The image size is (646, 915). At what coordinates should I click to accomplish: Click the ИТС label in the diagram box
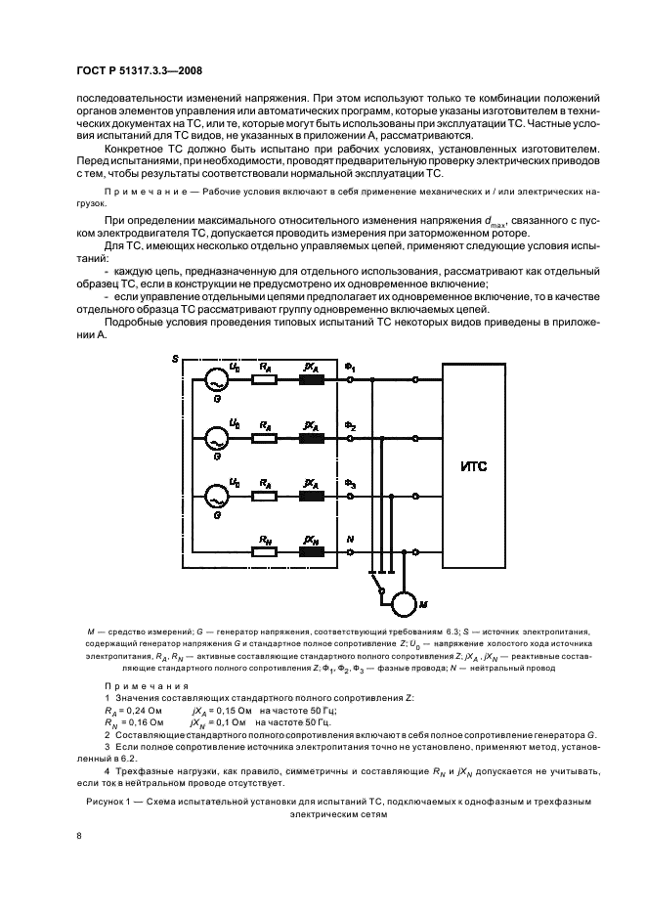point(473,467)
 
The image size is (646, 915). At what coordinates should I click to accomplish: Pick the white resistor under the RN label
point(263,552)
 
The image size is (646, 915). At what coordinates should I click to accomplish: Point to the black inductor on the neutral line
point(313,552)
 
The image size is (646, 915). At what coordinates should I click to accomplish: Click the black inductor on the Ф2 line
point(313,438)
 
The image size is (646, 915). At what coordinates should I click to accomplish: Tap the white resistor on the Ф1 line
point(263,380)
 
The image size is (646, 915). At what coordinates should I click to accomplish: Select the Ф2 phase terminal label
point(350,425)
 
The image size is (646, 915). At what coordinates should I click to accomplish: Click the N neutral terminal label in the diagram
point(351,540)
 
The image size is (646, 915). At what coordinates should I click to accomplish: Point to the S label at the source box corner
point(174,359)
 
